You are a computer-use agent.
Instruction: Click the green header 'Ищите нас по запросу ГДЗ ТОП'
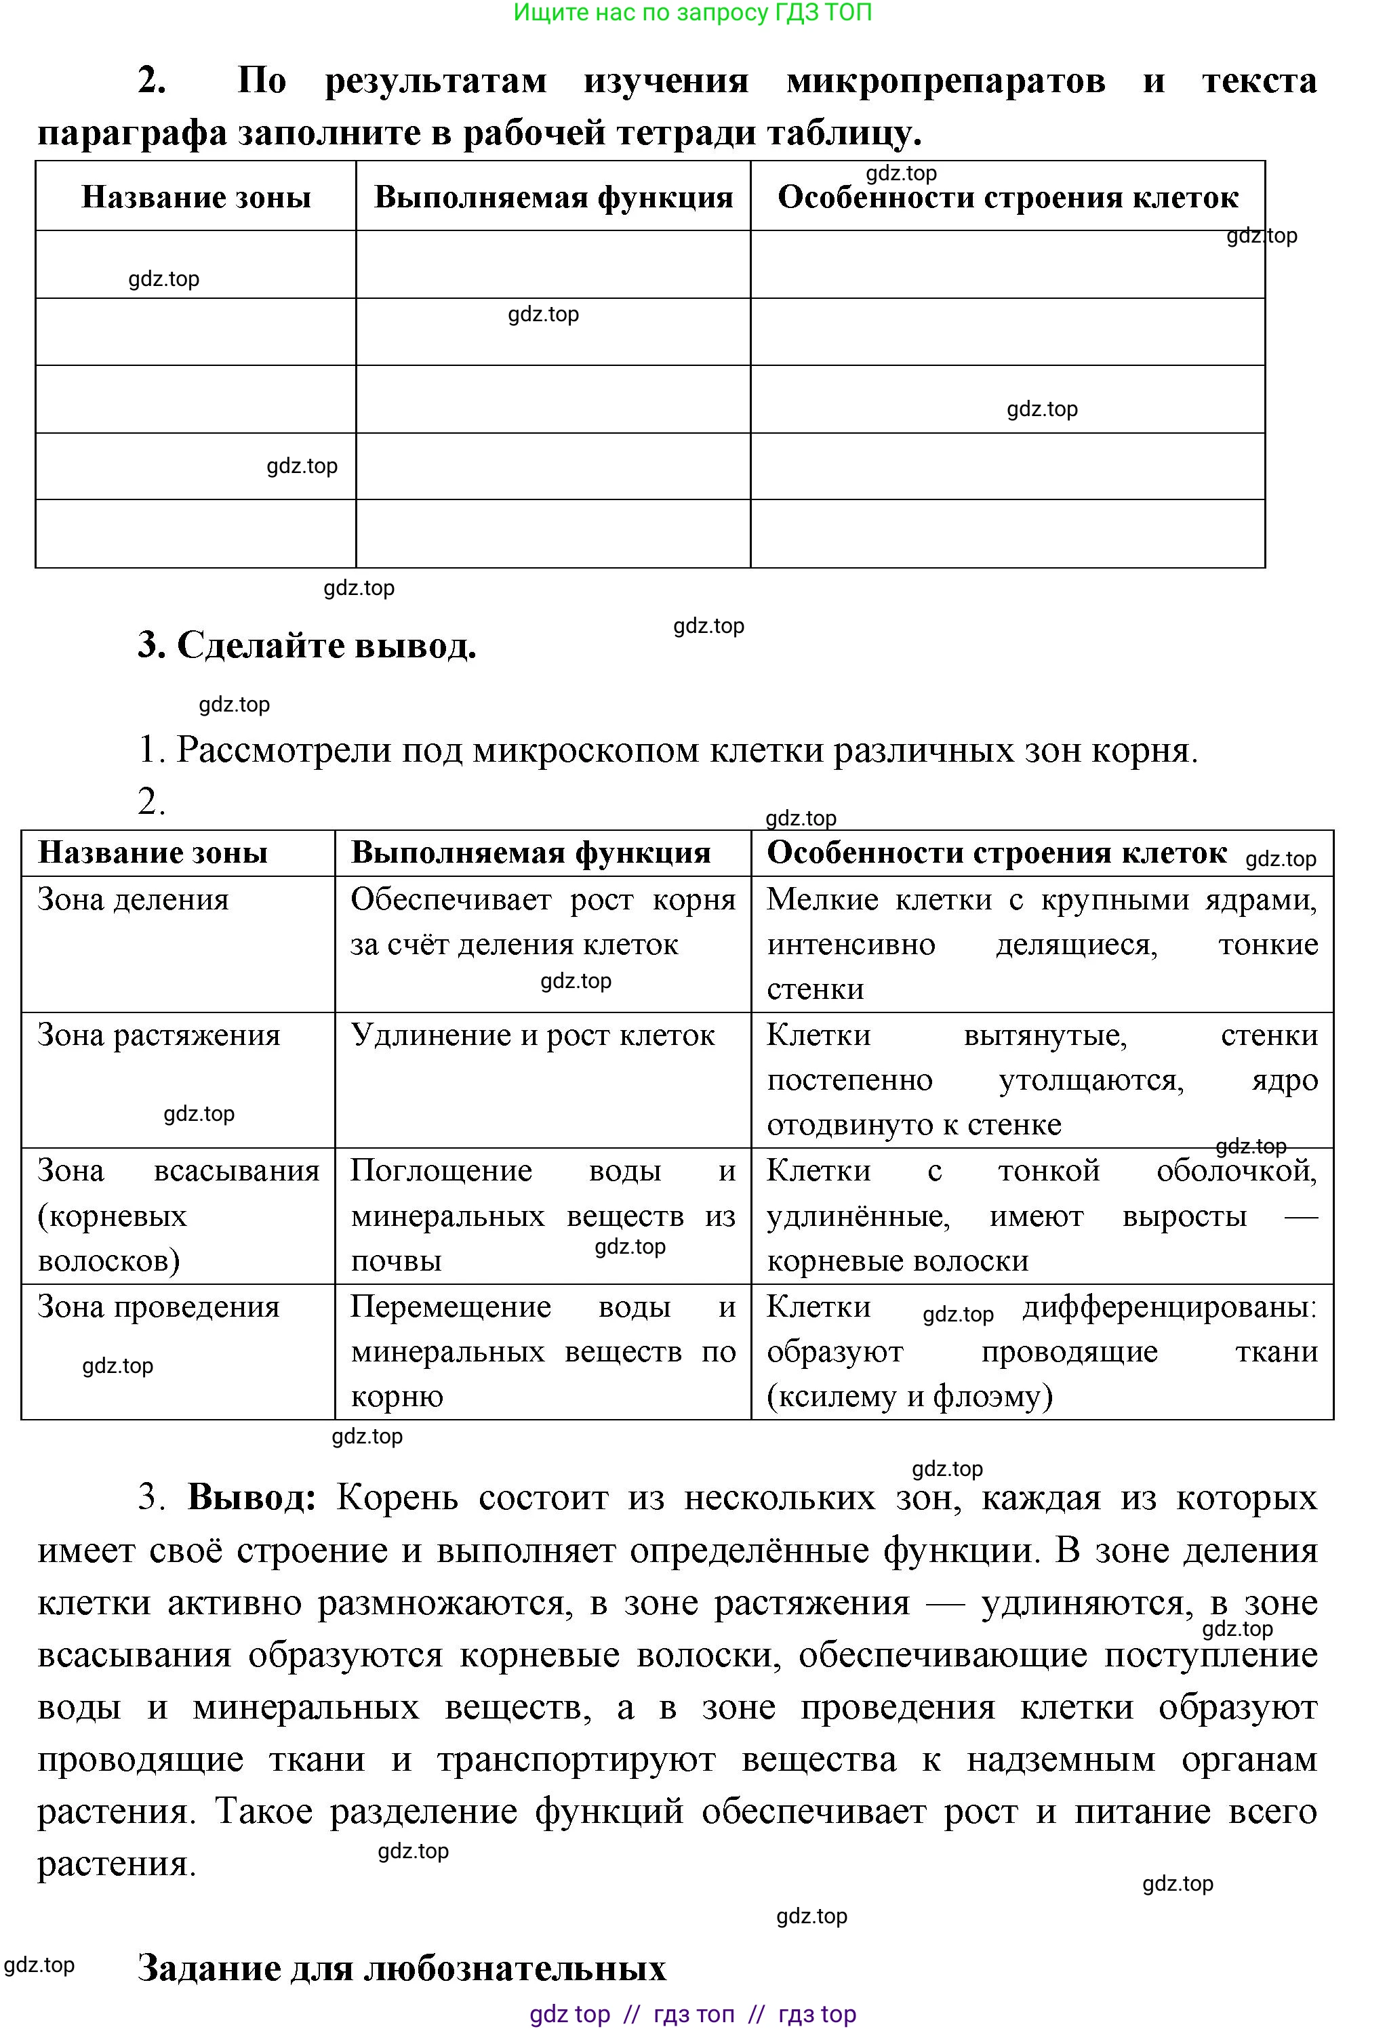click(692, 13)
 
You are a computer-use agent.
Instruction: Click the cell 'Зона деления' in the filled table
click(133, 899)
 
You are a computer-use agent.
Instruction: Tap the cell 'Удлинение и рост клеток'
click(532, 1035)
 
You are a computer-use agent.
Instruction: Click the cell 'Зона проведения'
click(158, 1307)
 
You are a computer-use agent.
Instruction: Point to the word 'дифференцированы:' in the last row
click(1169, 1307)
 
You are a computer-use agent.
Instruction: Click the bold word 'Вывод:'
click(252, 1497)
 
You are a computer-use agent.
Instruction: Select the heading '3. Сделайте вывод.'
click(307, 645)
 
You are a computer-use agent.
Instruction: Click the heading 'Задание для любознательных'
click(401, 1967)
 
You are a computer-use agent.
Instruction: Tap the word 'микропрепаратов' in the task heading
click(946, 81)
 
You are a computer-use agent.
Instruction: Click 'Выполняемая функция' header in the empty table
click(553, 197)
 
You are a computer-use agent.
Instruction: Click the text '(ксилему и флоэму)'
click(909, 1397)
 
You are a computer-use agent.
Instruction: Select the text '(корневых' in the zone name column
click(112, 1216)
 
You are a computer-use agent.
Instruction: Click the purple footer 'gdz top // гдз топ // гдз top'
click(692, 2014)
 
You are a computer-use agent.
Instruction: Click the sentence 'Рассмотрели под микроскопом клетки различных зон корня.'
click(687, 750)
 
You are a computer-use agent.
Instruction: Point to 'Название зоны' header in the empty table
click(196, 197)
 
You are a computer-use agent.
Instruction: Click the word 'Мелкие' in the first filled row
click(822, 899)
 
